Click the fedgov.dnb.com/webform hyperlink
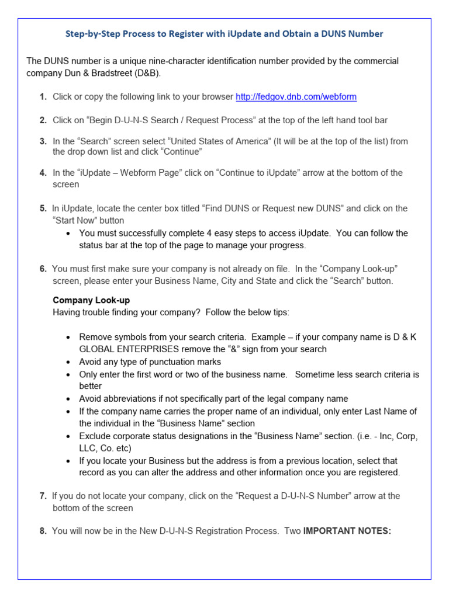(x=296, y=97)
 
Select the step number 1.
(x=43, y=97)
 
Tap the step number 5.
(x=43, y=208)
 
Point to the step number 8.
(x=43, y=531)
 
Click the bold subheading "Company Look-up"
(x=91, y=300)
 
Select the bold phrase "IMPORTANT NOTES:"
(x=347, y=531)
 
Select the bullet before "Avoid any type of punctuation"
(x=68, y=362)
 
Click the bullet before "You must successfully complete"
(x=68, y=234)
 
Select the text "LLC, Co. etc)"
(x=105, y=448)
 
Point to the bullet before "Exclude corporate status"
(x=68, y=437)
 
